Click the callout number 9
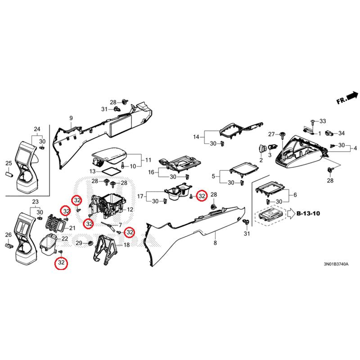[x=71, y=118]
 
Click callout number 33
[x=322, y=121]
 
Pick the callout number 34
[x=342, y=133]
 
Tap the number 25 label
[x=8, y=163]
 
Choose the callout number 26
[x=8, y=235]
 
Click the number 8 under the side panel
[x=215, y=243]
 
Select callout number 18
[x=126, y=245]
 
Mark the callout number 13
[x=92, y=171]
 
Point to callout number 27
[x=271, y=135]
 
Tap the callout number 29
[x=79, y=243]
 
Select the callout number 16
[x=151, y=172]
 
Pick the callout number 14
[x=196, y=137]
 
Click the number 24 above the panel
[x=37, y=130]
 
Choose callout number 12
[x=130, y=210]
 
